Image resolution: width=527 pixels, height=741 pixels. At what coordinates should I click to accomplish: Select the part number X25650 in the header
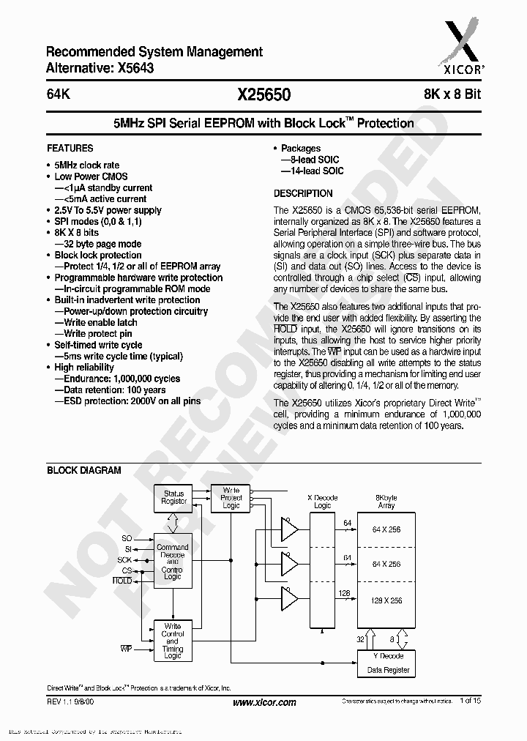(263, 94)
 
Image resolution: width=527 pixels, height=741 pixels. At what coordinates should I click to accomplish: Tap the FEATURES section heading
(70, 148)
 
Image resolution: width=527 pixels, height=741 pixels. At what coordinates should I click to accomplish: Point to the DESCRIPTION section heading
(303, 193)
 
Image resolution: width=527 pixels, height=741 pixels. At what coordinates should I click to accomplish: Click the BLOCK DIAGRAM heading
(84, 470)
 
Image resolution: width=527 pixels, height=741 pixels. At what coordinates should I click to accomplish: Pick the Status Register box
(174, 498)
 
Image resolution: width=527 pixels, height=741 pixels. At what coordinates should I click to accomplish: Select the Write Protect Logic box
(231, 498)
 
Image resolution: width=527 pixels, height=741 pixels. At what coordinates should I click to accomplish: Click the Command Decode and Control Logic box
(173, 562)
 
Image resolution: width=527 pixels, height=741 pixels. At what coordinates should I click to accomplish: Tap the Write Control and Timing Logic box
(173, 641)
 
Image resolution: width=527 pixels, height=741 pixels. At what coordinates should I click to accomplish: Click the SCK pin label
(125, 559)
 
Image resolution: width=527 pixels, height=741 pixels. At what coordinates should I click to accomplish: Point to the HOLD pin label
(122, 580)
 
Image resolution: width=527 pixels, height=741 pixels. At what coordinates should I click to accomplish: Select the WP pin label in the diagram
(126, 649)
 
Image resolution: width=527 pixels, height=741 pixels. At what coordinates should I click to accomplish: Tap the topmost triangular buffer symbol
(290, 529)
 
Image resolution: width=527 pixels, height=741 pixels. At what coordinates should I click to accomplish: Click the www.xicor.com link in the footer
(264, 702)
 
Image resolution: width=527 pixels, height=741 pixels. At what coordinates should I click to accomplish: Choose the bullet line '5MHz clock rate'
(86, 165)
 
